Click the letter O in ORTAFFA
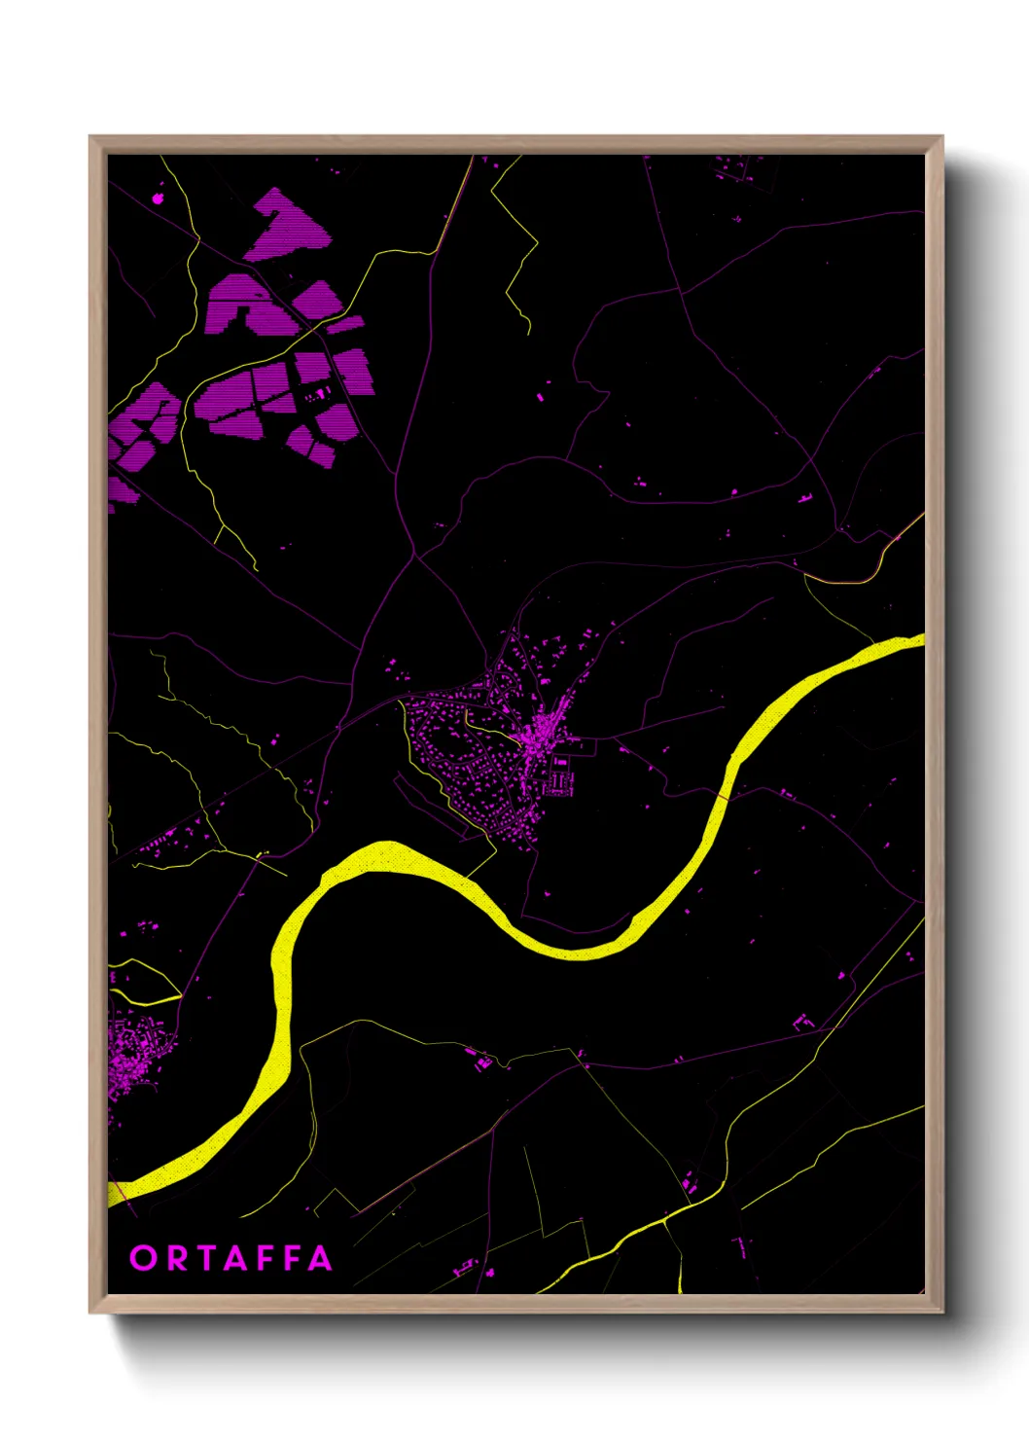143,1258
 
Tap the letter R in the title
176,1258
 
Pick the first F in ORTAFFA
265,1258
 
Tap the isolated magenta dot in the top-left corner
159,199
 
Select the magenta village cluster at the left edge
131,1056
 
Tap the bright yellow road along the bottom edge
622,1241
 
